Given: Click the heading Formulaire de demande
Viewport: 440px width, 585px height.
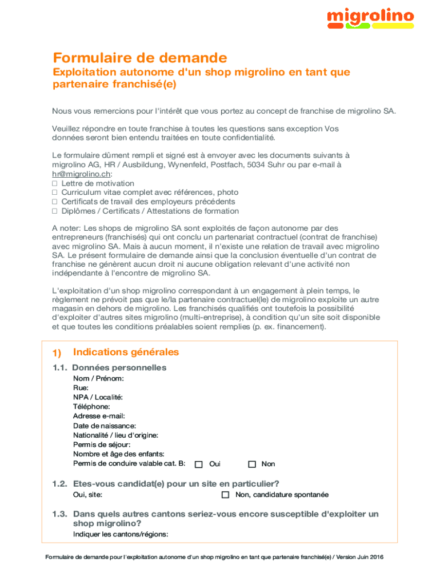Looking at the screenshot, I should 140,58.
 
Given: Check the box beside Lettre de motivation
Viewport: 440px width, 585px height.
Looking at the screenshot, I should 55,183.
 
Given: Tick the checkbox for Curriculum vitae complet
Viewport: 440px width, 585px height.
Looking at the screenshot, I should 55,193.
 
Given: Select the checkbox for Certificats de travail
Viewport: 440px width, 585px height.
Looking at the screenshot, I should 55,202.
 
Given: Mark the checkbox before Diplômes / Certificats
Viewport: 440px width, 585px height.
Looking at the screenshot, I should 55,211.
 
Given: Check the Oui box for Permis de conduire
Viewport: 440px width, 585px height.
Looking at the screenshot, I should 199,464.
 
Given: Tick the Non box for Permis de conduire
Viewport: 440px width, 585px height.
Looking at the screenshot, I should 252,464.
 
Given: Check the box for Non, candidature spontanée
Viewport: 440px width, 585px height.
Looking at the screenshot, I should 225,495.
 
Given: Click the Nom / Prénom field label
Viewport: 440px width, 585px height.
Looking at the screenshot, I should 98,378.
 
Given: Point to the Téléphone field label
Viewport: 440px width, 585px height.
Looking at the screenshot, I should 91,407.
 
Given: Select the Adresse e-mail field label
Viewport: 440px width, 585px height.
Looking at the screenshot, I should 99,416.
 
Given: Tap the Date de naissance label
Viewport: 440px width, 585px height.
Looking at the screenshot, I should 105,426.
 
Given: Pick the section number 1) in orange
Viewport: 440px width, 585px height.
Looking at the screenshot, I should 57,353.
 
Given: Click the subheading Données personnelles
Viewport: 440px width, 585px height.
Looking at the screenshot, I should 119,367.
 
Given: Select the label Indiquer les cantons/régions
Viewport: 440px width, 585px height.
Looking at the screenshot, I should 121,534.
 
